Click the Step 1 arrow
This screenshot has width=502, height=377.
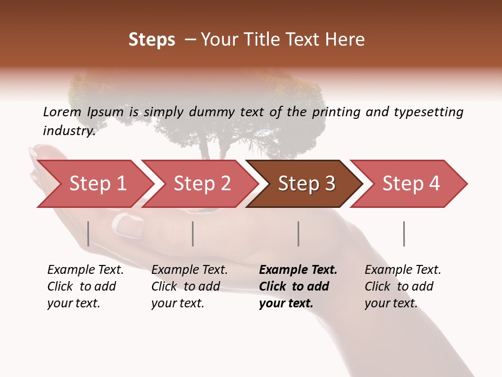[x=94, y=184]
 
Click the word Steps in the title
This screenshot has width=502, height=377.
[x=152, y=39]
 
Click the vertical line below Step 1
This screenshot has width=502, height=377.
[x=88, y=234]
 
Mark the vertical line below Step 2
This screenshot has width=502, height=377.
[x=193, y=234]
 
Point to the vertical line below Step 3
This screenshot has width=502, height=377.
[x=299, y=234]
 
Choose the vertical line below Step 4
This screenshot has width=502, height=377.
[x=404, y=234]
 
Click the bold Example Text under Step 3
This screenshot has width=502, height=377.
[x=298, y=270]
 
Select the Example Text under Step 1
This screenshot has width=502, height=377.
[x=85, y=270]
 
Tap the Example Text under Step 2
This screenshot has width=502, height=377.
[x=189, y=270]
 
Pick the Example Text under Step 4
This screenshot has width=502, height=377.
[x=403, y=270]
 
